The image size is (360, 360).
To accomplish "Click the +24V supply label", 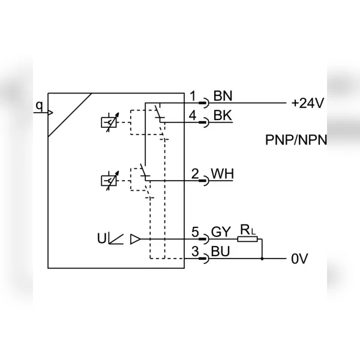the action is [x=307, y=103].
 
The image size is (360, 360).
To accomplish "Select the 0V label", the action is [x=299, y=259].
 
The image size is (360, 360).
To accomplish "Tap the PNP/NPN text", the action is [x=296, y=140].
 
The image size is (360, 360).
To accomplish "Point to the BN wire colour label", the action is [x=223, y=96].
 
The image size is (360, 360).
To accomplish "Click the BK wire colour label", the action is [x=223, y=115].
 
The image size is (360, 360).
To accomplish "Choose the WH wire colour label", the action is [x=222, y=173].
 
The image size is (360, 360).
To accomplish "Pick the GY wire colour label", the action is [x=221, y=232].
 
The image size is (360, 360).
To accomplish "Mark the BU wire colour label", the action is [x=220, y=251].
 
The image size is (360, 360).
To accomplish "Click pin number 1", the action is [x=193, y=96].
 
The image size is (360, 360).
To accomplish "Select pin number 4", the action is [x=193, y=115].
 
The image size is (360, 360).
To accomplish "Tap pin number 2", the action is [x=195, y=173].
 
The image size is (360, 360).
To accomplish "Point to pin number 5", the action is [x=195, y=232].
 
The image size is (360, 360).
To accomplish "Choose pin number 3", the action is [x=195, y=251].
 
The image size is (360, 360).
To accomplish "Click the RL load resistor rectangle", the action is [x=247, y=239].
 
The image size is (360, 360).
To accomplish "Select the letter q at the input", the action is [x=40, y=106].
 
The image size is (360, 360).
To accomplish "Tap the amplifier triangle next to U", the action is [x=135, y=239].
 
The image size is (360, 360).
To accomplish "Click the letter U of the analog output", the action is [x=102, y=238].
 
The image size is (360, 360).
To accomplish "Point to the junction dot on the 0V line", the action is [x=262, y=259].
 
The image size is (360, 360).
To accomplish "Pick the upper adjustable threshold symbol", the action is [x=110, y=122].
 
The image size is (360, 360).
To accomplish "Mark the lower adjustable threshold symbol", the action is [x=110, y=181].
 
